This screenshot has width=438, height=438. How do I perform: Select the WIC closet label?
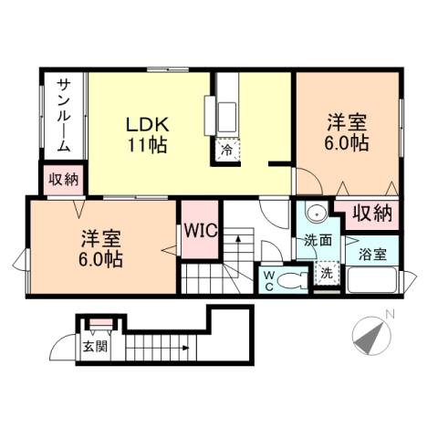pos(199,230)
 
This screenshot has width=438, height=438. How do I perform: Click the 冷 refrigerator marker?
pos(224,150)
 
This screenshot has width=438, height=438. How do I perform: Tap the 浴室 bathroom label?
pos(371,253)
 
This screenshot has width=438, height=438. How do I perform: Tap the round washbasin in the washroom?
pos(316,216)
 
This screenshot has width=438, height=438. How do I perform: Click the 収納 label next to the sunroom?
pos(64,179)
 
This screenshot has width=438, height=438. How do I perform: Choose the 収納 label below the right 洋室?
pos(373,214)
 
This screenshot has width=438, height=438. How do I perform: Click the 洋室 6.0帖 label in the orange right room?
pos(347,131)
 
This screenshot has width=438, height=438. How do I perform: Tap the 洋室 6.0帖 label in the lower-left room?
pos(100,248)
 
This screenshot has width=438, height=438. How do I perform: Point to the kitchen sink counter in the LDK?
pos(225,114)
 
